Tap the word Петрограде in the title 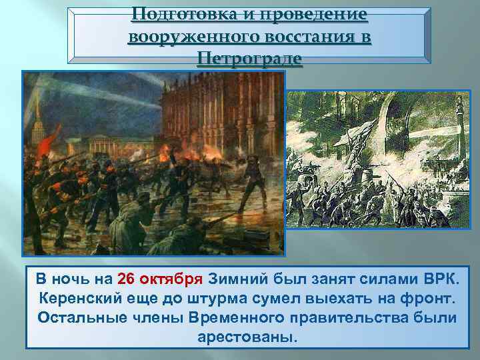pyautogui.click(x=249, y=59)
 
